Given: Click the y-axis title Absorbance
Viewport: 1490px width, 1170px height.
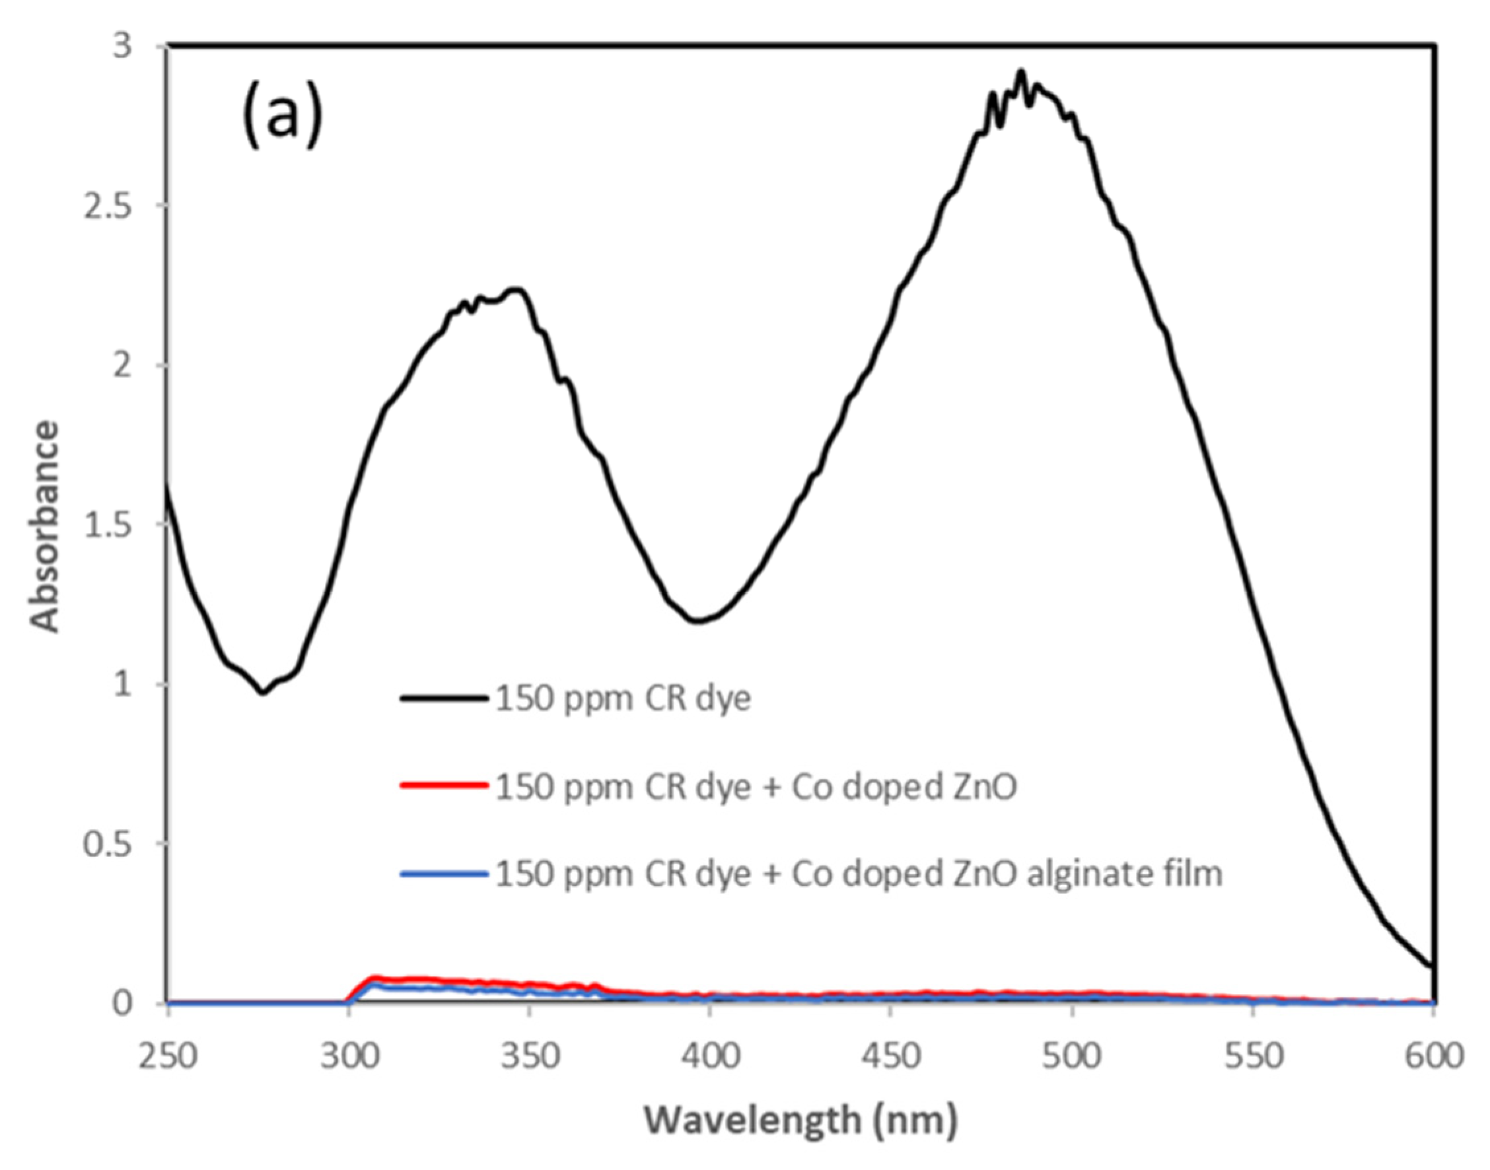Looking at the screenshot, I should click(45, 526).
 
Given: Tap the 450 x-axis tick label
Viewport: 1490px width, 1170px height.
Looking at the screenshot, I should click(890, 1056).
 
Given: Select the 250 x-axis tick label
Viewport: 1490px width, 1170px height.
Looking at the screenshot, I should click(168, 1056).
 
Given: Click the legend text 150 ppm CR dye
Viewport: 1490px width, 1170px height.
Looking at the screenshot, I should click(623, 699).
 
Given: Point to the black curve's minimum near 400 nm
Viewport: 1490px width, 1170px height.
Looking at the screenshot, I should click(697, 621).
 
